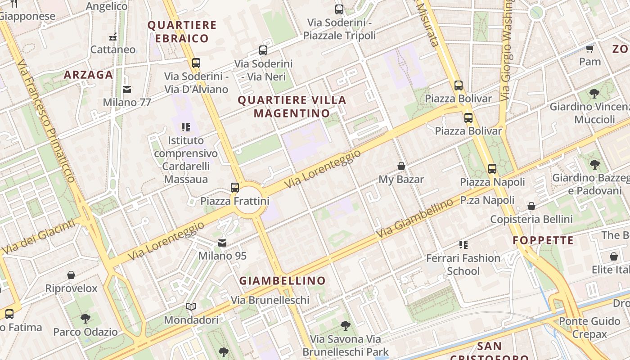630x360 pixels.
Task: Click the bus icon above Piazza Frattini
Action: click(234, 187)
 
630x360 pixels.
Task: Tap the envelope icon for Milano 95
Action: click(222, 243)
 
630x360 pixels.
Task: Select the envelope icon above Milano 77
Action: click(127, 90)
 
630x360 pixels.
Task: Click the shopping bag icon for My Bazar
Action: click(401, 166)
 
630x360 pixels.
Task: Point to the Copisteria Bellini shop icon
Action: click(531, 207)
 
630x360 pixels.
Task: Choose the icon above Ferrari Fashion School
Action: click(463, 245)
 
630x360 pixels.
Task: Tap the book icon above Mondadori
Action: click(191, 307)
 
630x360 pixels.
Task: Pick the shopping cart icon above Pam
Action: click(589, 49)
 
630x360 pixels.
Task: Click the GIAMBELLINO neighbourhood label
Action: click(282, 281)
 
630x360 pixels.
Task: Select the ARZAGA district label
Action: click(88, 75)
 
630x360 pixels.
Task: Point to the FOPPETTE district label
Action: click(543, 240)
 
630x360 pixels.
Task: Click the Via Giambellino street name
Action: click(415, 219)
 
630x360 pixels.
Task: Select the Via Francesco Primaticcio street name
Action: click(47, 121)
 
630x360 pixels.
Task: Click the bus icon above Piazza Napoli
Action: click(492, 169)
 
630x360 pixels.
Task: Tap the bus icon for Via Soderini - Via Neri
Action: click(263, 51)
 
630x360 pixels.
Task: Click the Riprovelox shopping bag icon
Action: click(71, 275)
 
